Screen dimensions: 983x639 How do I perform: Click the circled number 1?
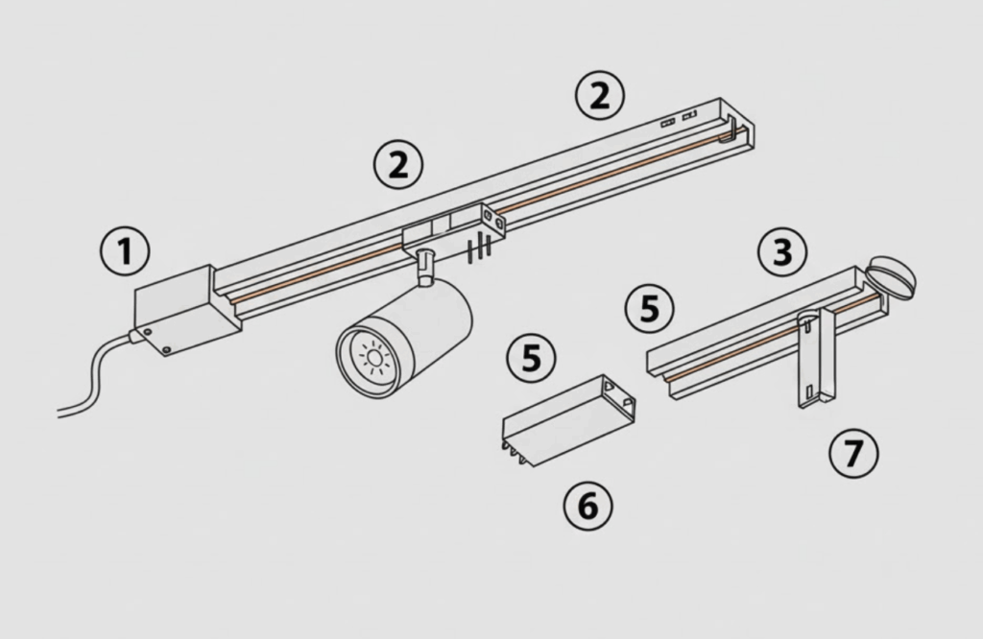(x=126, y=251)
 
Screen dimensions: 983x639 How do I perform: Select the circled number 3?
(x=782, y=251)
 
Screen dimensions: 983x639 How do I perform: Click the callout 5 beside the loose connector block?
(x=531, y=358)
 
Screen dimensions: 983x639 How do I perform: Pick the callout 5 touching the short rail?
(x=650, y=309)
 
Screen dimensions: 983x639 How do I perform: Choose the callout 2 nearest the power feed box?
(x=398, y=165)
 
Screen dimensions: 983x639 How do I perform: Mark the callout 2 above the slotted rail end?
(x=600, y=95)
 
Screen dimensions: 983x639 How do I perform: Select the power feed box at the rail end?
(x=187, y=310)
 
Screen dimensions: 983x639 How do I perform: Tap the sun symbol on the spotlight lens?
(x=374, y=358)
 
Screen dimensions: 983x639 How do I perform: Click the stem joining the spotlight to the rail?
(x=424, y=267)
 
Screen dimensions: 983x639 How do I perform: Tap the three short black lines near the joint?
(x=479, y=248)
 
